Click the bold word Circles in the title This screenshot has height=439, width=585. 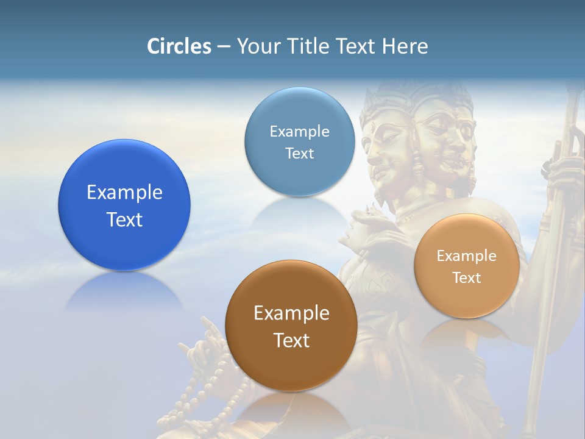[x=179, y=46]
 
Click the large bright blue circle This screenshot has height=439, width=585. [x=124, y=205]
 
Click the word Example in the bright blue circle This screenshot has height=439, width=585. [x=124, y=193]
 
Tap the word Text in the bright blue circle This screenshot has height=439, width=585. [x=124, y=220]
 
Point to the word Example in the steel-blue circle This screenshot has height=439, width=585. [x=299, y=132]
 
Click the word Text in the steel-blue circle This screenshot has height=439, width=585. [x=299, y=153]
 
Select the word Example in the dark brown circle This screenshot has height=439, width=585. [x=291, y=313]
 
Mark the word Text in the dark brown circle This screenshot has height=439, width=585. [x=291, y=340]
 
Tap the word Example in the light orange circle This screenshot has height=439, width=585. [x=467, y=256]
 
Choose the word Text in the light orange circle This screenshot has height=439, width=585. [x=467, y=278]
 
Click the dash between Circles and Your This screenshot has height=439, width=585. [x=224, y=47]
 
